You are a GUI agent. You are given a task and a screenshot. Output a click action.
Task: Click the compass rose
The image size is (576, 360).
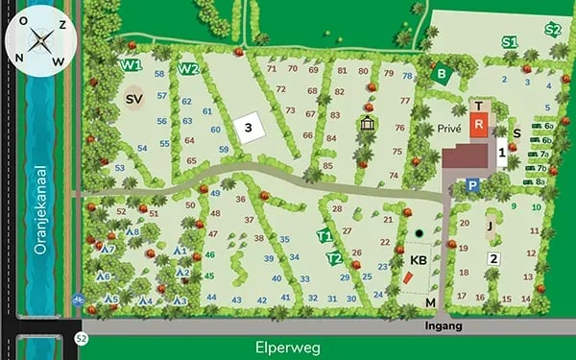[38, 40]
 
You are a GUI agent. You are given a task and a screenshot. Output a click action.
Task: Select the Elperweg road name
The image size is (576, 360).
[287, 347]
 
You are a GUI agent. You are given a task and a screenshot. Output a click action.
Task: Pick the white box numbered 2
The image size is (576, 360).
[493, 258]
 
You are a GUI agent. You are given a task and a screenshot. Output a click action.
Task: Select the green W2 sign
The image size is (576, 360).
[188, 69]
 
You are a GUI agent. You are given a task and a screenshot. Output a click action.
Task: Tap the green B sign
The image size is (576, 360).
[442, 73]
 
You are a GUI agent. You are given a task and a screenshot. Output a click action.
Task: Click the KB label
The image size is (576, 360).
[418, 260]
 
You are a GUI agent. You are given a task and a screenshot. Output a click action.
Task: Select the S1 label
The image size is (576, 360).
[509, 42]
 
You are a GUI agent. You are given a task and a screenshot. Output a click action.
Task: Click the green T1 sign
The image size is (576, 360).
[324, 236]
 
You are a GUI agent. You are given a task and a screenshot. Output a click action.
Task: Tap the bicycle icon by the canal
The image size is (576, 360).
[78, 300]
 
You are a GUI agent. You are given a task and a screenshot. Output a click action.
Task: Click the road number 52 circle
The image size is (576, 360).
[82, 337]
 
